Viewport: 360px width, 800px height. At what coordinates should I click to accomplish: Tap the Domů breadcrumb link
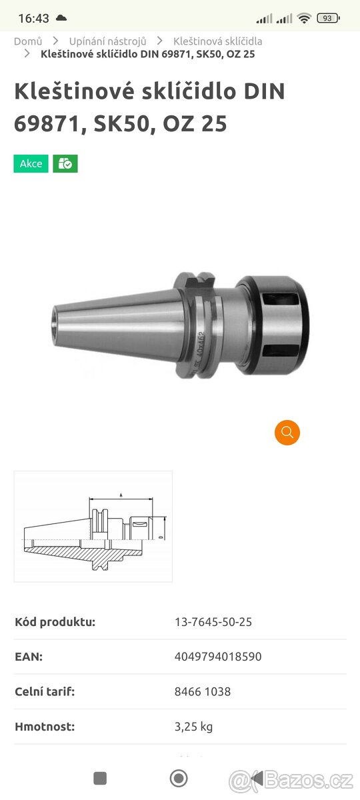(28, 41)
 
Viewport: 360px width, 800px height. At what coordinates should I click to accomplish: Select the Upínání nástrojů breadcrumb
(108, 41)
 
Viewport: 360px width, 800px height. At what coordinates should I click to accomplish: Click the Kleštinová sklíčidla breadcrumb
(217, 41)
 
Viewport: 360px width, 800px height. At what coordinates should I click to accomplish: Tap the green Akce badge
(31, 163)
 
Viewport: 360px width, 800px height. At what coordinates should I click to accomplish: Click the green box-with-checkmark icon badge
(65, 163)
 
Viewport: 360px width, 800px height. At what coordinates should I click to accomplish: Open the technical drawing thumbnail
(93, 527)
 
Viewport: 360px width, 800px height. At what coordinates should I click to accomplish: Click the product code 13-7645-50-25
(213, 622)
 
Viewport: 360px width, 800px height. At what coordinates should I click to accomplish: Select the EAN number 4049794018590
(218, 657)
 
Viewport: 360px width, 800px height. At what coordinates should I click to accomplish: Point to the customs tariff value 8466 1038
(203, 691)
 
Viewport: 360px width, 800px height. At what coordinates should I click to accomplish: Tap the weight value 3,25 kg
(193, 727)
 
